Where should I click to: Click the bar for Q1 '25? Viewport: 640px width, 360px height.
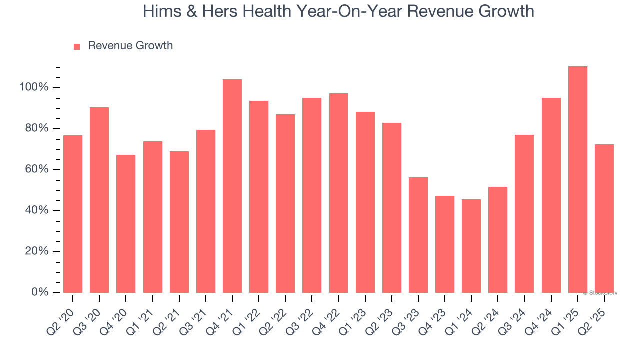click(x=578, y=179)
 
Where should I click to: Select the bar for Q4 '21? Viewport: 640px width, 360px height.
click(x=232, y=186)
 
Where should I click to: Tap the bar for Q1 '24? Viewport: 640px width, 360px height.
click(x=471, y=246)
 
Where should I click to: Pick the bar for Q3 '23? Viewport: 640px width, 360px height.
click(x=418, y=235)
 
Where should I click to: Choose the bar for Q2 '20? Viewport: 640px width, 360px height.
click(x=73, y=214)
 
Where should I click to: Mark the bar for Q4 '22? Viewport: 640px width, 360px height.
click(x=338, y=193)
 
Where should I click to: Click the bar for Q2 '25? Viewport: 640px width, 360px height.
click(x=604, y=218)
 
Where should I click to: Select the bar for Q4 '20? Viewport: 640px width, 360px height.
click(x=126, y=223)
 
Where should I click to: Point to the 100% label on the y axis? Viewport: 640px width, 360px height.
click(x=34, y=88)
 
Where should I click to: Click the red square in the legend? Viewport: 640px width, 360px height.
click(x=77, y=47)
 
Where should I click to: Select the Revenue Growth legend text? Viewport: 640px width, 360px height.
click(x=130, y=46)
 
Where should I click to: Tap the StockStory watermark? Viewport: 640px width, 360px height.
click(x=600, y=293)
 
